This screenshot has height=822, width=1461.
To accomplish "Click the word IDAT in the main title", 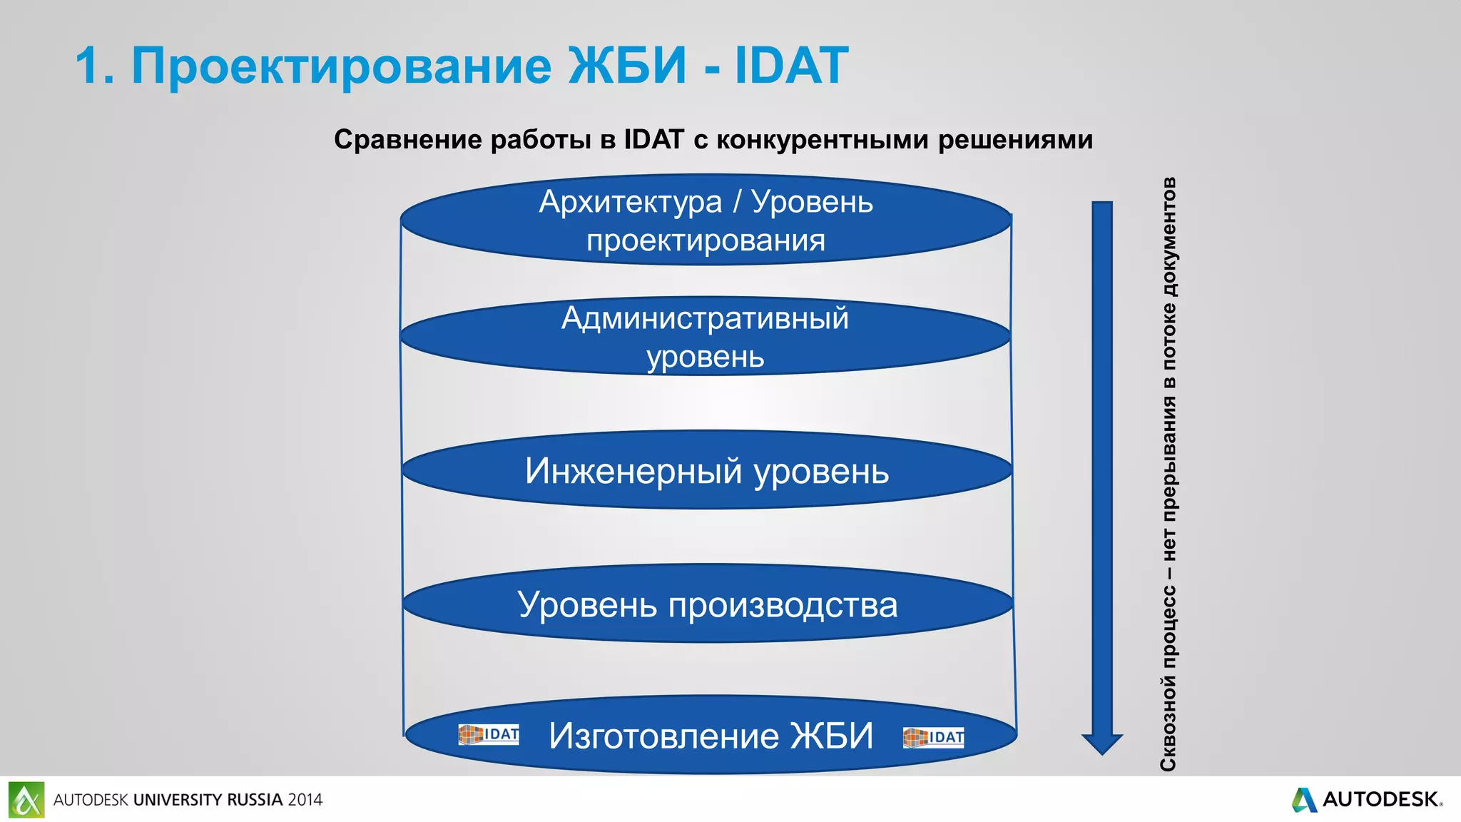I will (x=791, y=66).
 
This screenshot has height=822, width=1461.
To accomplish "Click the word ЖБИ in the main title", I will (x=628, y=66).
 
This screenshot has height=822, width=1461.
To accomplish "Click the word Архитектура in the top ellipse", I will (x=631, y=203).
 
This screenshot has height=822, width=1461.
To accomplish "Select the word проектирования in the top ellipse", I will (x=706, y=241).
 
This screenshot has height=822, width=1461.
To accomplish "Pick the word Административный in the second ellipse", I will (x=705, y=318).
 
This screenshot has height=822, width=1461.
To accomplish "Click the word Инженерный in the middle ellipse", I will (x=633, y=472).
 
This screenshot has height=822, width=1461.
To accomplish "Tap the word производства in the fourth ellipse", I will (x=783, y=606).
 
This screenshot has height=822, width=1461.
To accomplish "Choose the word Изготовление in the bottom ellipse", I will (x=663, y=736).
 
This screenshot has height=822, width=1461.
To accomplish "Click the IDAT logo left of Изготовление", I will (x=489, y=734).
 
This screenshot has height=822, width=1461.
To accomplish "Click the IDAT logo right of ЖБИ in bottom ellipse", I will (x=933, y=737).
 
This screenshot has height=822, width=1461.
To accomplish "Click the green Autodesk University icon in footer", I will (x=26, y=799).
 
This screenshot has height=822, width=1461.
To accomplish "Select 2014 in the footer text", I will (x=305, y=800).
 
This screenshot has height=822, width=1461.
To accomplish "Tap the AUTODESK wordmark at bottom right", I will (x=1380, y=799).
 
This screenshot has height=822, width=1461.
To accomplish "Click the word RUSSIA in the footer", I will (x=255, y=800).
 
